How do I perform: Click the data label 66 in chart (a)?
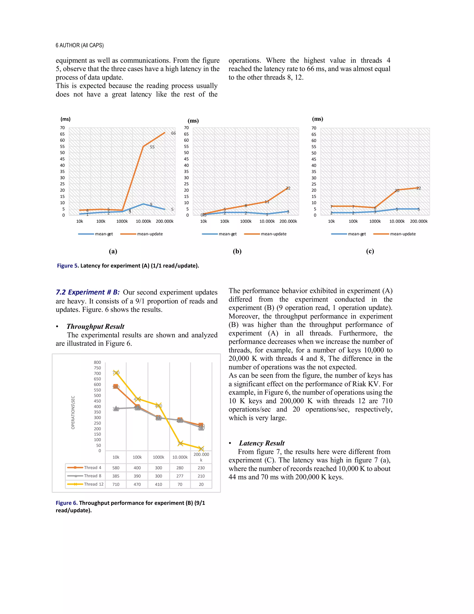[173, 133]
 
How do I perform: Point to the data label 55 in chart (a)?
[152, 147]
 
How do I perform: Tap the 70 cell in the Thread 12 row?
[180, 484]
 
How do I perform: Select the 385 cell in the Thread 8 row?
[116, 476]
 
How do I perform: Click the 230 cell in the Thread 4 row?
[201, 468]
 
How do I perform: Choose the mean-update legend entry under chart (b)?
[273, 234]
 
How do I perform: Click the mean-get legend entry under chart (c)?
[357, 234]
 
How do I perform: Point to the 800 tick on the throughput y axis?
[97, 362]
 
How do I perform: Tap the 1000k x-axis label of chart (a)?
[122, 221]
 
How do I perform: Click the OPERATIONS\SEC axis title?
[73, 412]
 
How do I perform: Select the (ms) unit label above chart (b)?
[193, 121]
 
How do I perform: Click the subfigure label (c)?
[370, 251]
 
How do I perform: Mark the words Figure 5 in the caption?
[68, 266]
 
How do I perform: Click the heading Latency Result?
[262, 443]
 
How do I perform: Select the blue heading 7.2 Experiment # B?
[88, 292]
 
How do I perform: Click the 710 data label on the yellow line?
[116, 373]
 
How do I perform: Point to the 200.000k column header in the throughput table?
[201, 457]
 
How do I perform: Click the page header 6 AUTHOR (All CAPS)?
[79, 45]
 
